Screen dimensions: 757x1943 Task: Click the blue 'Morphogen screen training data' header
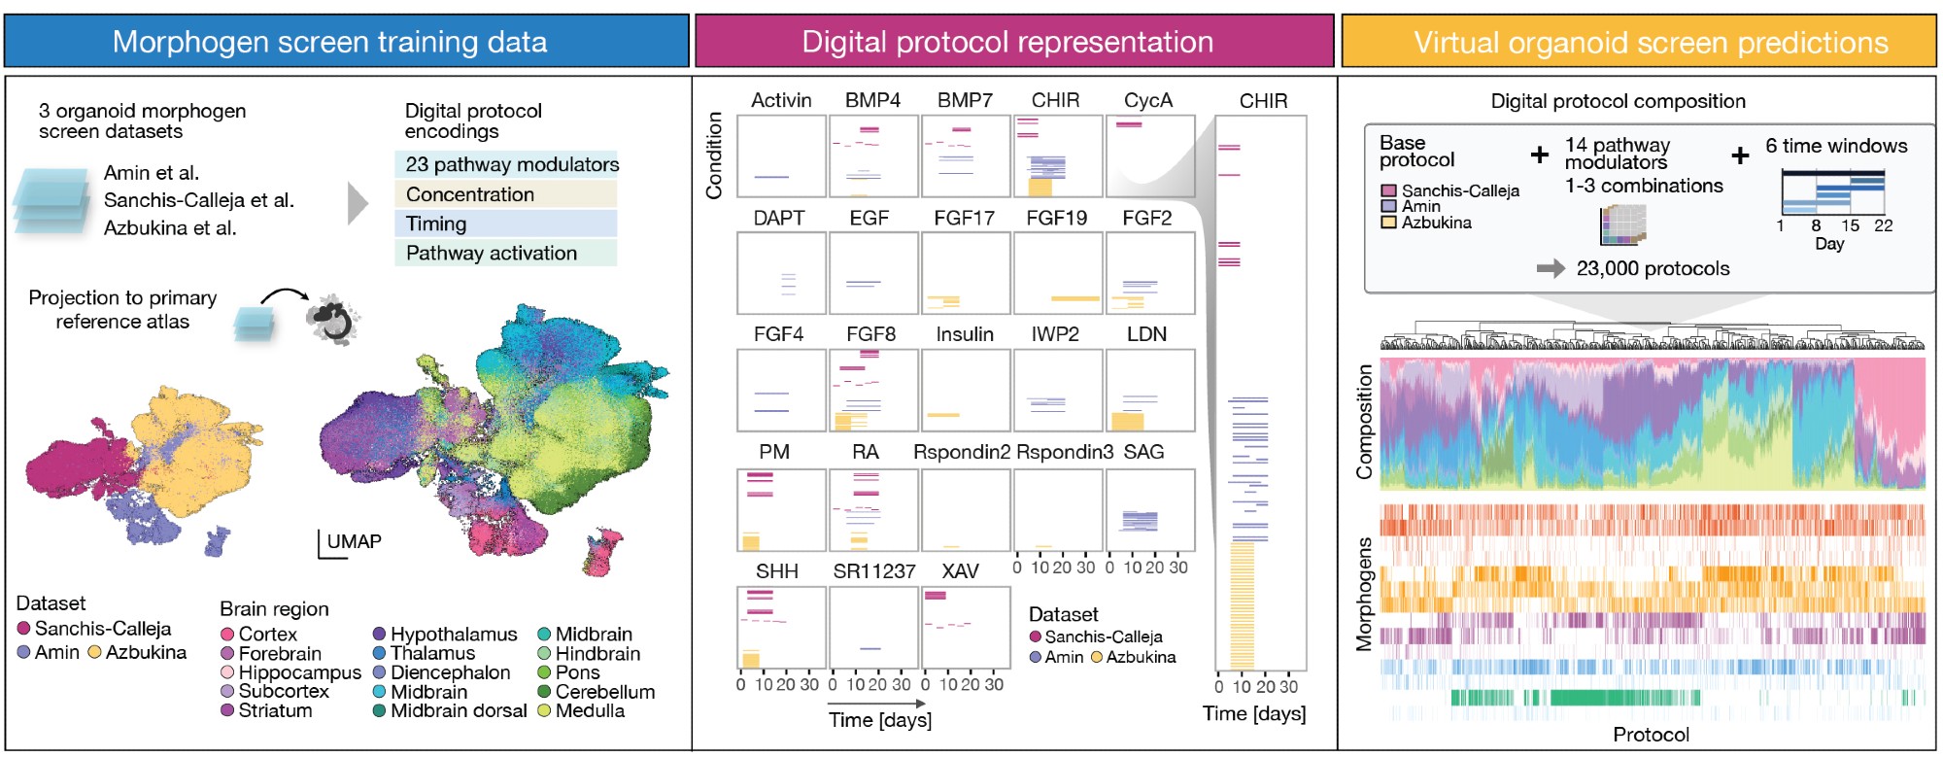(329, 42)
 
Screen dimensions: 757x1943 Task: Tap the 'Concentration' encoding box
(470, 194)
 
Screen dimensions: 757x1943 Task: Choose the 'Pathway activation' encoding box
(492, 253)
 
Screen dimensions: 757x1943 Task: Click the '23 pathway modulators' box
(512, 164)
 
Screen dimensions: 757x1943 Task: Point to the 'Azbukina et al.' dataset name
(170, 227)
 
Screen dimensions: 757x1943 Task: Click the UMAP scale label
(354, 541)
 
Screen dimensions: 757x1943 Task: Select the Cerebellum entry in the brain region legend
(604, 692)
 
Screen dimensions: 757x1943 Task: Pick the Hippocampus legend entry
(299, 672)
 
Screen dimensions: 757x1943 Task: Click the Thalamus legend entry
(432, 653)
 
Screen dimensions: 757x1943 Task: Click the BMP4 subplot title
(872, 100)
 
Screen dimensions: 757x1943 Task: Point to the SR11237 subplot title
(874, 571)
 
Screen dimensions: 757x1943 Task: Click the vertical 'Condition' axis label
(714, 155)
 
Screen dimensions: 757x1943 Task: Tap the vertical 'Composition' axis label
(1364, 422)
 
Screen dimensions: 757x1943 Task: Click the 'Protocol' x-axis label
(1651, 735)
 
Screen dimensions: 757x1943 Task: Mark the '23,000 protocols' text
(1653, 268)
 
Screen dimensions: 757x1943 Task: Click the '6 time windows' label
(1836, 146)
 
